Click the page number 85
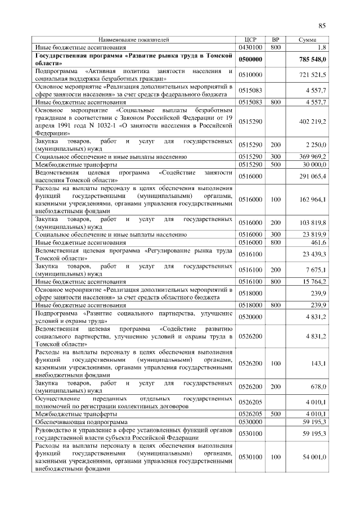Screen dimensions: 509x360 (x=322, y=25)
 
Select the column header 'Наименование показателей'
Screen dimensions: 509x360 (x=133, y=40)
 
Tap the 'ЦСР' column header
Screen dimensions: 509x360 (x=251, y=40)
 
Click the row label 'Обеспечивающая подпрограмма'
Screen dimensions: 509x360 (x=82, y=421)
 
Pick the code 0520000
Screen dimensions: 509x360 (x=251, y=317)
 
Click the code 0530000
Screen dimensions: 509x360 (x=251, y=421)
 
